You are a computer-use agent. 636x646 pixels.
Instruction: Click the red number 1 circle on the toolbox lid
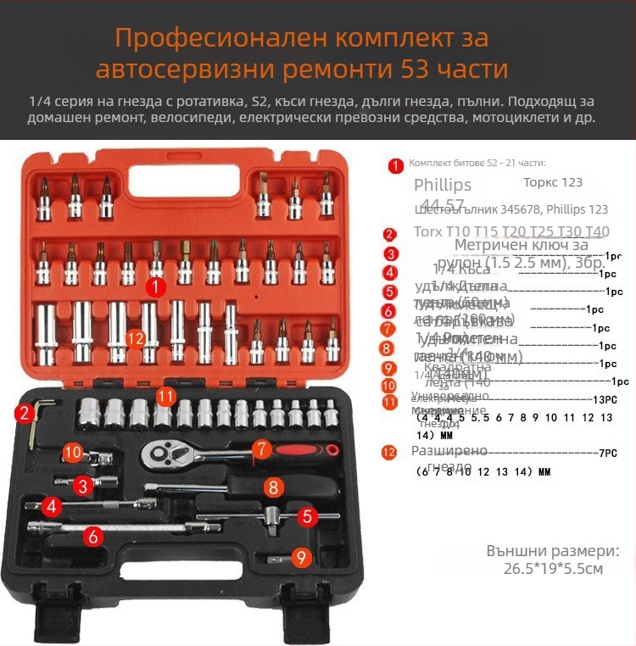pos(154,287)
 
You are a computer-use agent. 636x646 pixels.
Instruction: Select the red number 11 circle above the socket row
pos(166,396)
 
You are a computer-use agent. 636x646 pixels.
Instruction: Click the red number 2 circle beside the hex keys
pos(24,413)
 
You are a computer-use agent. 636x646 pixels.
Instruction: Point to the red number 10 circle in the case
pos(73,453)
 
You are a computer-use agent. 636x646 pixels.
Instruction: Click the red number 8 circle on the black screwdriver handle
pos(272,487)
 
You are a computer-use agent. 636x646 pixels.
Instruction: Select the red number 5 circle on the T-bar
pos(308,515)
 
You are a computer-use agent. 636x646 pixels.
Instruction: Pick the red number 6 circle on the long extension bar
pos(93,535)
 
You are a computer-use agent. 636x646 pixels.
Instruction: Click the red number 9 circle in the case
pos(299,557)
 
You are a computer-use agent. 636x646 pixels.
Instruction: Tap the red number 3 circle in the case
pos(82,486)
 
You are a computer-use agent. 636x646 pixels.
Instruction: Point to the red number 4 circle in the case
pos(53,507)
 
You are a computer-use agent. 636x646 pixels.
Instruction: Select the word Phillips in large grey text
pos(443,186)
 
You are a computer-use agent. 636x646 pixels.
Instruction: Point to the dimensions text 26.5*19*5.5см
pos(553,568)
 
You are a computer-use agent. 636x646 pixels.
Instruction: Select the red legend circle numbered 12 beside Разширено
pos(389,453)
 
